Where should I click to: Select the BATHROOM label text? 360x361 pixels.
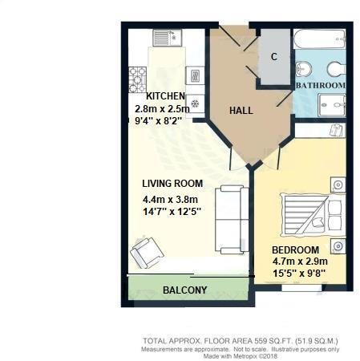tap(321, 85)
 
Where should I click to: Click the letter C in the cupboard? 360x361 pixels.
tap(274, 57)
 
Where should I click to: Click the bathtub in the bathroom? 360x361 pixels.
tap(320, 39)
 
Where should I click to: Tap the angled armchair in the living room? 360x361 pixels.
tap(148, 254)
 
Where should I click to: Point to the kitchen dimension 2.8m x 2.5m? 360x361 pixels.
tap(162, 108)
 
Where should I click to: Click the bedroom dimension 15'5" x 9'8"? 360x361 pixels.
tap(298, 272)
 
